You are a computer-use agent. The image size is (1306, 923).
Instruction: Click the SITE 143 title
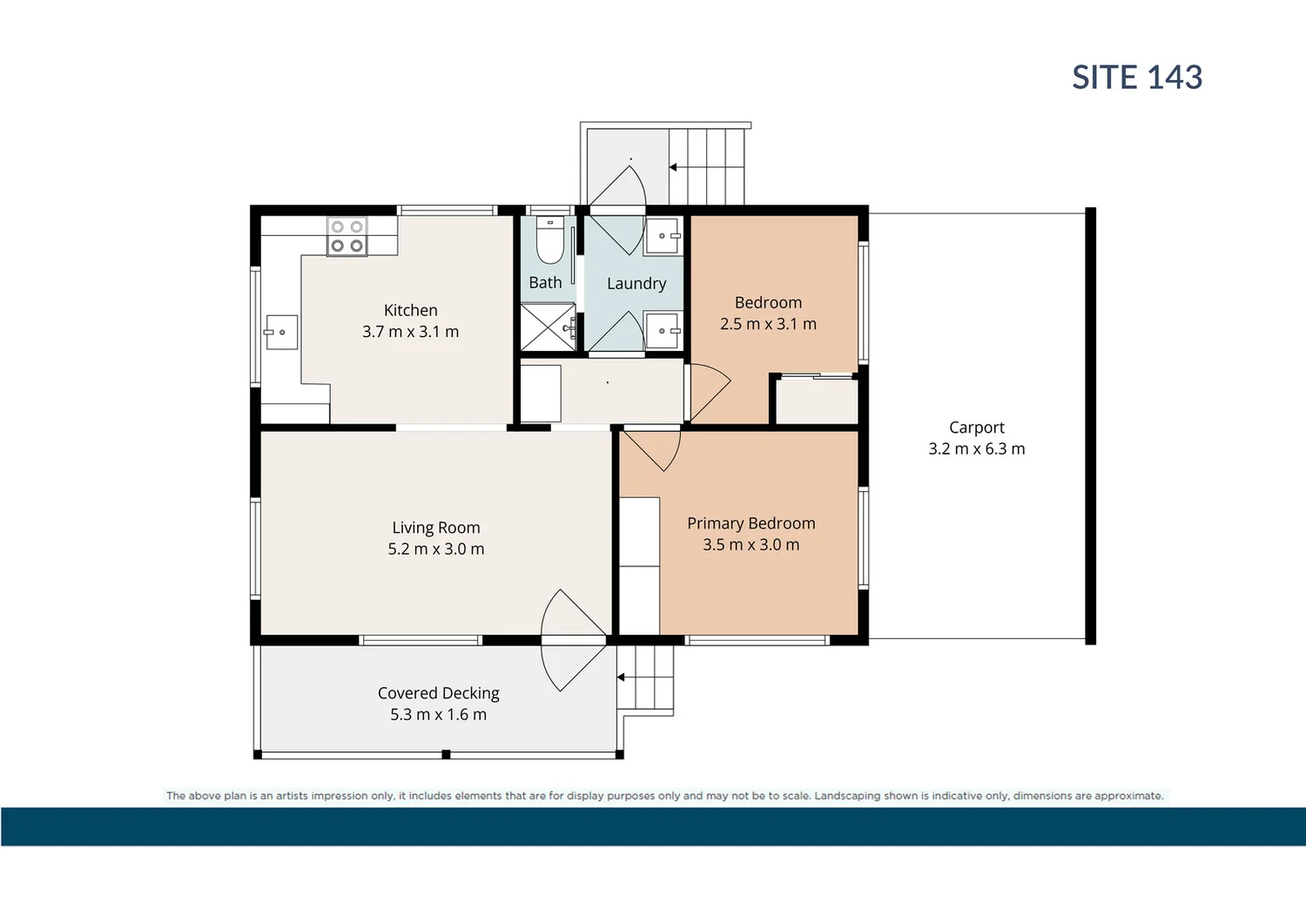click(1136, 77)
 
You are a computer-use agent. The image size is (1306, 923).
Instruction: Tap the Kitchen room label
click(410, 310)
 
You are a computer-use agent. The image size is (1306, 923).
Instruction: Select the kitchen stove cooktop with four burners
click(347, 236)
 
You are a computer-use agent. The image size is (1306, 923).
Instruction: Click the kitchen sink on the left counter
click(281, 332)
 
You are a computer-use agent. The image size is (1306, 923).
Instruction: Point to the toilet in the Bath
click(549, 241)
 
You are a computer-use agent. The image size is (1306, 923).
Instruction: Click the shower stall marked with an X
click(548, 327)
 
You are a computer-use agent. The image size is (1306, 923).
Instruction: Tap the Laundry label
click(636, 283)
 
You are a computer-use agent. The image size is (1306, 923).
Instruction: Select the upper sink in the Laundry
click(662, 236)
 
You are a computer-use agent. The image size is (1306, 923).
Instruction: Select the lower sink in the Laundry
click(662, 331)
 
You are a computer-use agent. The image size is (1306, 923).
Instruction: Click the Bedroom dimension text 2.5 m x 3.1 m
click(768, 324)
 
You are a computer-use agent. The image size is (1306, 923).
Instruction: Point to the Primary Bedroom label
click(751, 523)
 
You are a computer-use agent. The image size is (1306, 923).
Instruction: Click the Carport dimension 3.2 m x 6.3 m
click(976, 449)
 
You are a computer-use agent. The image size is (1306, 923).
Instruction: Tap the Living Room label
click(435, 528)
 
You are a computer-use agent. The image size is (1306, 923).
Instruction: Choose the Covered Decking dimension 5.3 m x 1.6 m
click(438, 715)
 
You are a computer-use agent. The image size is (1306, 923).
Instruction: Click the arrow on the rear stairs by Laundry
click(673, 167)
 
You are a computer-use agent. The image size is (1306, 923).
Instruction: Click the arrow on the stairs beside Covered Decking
click(621, 677)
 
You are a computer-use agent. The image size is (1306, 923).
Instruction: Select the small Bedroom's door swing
click(707, 391)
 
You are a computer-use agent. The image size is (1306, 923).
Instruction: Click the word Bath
click(545, 283)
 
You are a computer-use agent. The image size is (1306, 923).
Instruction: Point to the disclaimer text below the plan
click(664, 796)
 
